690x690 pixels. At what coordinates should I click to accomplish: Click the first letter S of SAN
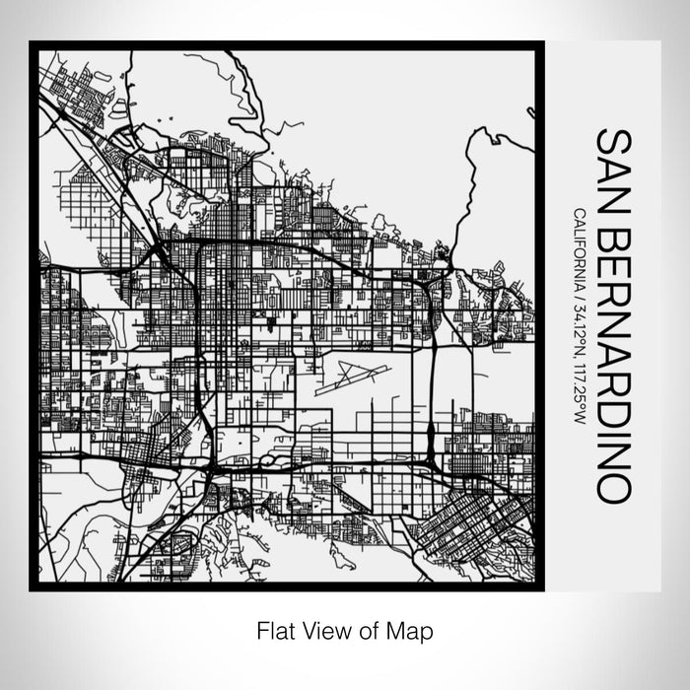611,140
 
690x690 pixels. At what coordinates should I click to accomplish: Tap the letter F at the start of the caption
262,629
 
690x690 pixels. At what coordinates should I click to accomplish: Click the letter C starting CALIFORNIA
578,215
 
